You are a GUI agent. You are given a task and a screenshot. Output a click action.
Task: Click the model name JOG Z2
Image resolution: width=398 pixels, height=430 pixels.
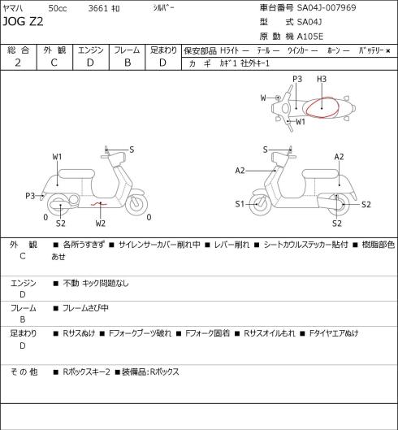23,21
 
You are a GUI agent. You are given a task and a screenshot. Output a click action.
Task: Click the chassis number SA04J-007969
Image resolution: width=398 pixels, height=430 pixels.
327,7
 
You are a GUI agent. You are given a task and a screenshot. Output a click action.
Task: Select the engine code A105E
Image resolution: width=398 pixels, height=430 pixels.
310,37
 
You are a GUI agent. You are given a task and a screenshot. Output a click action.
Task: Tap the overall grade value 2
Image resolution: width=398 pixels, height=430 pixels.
18,63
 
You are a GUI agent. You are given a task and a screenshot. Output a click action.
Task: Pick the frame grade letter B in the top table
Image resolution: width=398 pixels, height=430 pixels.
128,63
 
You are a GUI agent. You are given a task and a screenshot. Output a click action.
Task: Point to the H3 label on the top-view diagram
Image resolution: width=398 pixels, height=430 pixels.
322,79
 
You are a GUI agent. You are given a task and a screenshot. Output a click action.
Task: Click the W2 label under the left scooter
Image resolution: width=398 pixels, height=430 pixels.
101,224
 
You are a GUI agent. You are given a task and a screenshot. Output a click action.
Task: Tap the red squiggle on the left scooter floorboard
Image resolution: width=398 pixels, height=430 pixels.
99,204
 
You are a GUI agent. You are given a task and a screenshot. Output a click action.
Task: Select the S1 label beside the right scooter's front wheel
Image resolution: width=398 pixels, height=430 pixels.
240,204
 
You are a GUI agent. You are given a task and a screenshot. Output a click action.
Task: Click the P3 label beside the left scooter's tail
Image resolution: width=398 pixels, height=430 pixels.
30,196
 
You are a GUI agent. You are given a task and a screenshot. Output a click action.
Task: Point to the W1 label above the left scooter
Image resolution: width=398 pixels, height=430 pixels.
57,157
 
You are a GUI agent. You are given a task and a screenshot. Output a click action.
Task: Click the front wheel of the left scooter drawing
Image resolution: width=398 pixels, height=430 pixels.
136,204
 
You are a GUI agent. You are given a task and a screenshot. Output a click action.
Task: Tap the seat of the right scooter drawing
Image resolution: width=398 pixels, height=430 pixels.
320,174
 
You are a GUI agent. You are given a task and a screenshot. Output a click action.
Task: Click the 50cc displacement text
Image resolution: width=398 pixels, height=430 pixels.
58,8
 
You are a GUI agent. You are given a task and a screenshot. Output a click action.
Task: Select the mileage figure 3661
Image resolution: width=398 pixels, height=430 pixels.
98,8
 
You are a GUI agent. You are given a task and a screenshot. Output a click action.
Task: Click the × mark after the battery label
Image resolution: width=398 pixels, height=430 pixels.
388,50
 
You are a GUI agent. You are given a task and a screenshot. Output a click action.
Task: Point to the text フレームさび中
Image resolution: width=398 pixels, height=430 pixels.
85,308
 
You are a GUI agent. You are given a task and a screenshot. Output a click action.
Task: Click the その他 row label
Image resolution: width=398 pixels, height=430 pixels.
24,371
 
